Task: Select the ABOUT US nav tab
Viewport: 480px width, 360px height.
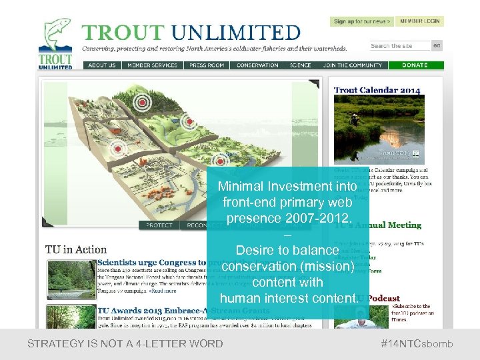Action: [x=102, y=65]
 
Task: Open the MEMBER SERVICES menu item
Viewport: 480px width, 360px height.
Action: [x=152, y=65]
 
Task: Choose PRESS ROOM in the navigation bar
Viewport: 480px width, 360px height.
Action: [x=207, y=65]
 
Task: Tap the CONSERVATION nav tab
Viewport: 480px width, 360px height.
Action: [x=257, y=65]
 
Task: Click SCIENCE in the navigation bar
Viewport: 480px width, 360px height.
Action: [x=301, y=65]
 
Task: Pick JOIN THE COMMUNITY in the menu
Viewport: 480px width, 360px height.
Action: [x=353, y=65]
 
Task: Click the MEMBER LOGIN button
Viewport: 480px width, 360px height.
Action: [x=420, y=21]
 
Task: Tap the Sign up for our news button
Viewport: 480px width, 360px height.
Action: [x=362, y=21]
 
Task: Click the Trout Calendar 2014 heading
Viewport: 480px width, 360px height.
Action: [x=377, y=90]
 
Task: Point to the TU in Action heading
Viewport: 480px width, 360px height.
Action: [x=76, y=250]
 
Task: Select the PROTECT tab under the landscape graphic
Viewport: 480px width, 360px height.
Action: [x=160, y=225]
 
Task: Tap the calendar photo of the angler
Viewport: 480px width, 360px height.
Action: [x=379, y=131]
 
